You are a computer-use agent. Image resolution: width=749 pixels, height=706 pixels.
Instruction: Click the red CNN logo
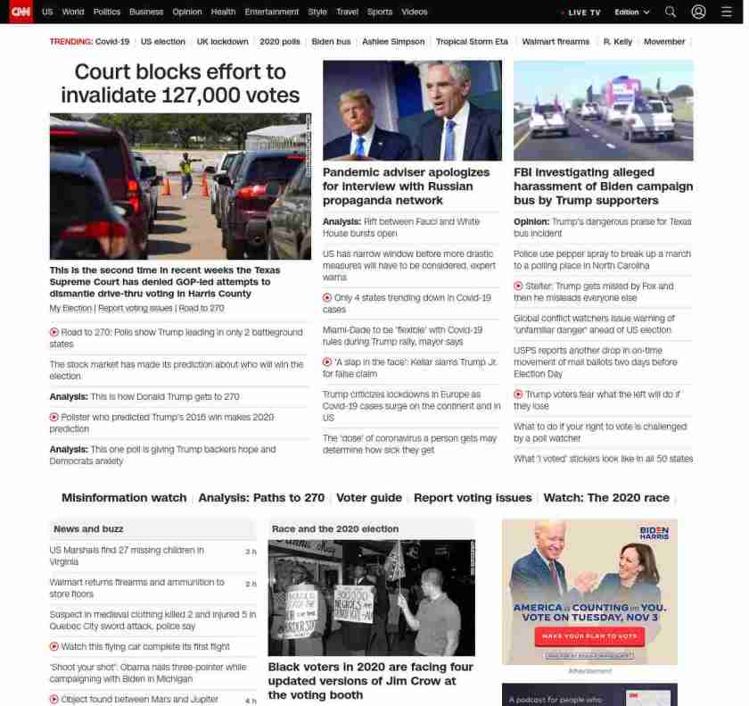point(21,12)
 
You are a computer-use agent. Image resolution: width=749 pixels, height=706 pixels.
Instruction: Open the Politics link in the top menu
point(106,12)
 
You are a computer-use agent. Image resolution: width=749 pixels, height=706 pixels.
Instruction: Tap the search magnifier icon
point(671,12)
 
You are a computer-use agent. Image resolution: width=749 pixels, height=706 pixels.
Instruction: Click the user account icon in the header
point(698,12)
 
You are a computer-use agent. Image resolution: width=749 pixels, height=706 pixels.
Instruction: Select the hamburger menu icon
point(726,12)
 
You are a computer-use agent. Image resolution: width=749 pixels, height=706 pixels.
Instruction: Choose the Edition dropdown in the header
point(632,12)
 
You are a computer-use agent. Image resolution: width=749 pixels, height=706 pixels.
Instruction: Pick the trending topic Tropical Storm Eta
point(473,42)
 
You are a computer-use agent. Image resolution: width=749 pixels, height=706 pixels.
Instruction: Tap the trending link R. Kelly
point(617,42)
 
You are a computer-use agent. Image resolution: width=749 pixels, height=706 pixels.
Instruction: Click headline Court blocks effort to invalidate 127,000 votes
point(180,83)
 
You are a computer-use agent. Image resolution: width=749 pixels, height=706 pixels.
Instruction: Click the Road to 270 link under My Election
point(202,308)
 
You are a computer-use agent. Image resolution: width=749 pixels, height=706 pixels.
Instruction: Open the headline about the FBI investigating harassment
point(603,186)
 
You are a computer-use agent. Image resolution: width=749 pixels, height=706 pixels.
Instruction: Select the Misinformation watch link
point(124,498)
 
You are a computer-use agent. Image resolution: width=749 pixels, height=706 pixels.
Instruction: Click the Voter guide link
point(369,498)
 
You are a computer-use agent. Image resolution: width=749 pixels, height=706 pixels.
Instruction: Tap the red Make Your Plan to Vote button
point(589,636)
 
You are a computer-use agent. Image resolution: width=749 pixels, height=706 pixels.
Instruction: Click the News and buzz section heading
point(88,529)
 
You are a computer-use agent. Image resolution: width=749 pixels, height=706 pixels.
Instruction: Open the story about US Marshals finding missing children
point(127,556)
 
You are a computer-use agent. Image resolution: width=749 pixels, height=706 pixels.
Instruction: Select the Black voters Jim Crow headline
point(370,680)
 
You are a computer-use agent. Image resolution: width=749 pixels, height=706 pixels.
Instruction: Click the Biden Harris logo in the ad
point(654,533)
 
